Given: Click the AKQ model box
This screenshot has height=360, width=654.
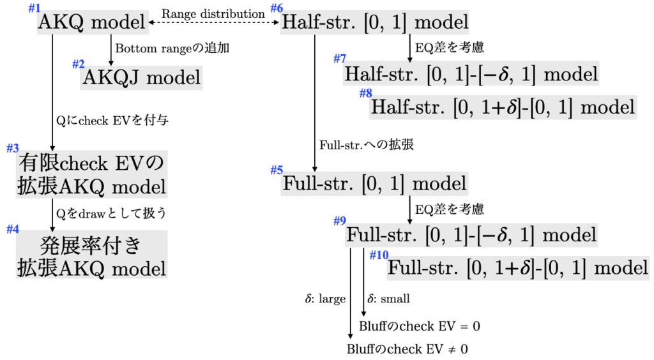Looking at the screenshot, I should (x=93, y=23).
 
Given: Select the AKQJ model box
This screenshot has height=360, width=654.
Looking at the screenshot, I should (x=141, y=78).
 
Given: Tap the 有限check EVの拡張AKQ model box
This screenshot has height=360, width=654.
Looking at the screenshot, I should (x=91, y=176).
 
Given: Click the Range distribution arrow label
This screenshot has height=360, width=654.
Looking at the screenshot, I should (x=213, y=13).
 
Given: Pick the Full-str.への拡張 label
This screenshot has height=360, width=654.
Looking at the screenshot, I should (x=367, y=145).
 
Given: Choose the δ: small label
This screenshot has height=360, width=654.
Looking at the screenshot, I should (x=389, y=298).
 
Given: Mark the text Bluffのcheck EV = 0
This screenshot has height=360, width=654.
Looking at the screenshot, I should (x=420, y=326).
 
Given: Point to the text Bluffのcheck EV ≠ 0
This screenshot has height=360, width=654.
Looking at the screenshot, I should (x=407, y=350).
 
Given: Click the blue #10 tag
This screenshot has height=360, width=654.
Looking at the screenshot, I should (x=379, y=255).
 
